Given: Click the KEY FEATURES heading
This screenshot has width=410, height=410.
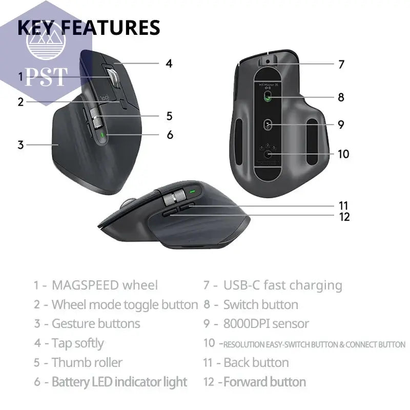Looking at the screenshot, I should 89,27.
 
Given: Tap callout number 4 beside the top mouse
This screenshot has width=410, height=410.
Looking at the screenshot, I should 169,64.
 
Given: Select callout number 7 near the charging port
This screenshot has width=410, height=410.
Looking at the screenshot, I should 341,65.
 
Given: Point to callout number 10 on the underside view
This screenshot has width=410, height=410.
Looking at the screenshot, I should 343,154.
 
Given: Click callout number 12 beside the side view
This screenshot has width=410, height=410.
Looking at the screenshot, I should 344,216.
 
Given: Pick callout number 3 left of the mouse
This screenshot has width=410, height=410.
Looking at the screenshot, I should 20,145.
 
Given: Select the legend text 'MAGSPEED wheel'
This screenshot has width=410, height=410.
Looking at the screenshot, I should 105,285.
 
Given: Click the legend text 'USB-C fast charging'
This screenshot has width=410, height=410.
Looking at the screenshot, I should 282,285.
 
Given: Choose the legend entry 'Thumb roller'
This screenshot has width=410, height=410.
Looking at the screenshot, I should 87,362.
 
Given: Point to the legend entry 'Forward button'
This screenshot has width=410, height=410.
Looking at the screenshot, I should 264,382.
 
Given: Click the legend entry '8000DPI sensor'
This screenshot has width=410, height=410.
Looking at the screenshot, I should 266,323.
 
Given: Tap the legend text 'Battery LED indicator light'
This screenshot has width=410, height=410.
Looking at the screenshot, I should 119,382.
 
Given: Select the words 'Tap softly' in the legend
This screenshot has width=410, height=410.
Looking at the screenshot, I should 77,343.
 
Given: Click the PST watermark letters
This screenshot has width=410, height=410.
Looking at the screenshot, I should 46,77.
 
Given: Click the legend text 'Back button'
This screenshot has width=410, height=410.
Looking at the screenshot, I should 256,362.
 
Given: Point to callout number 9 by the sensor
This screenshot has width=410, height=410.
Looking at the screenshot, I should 341,125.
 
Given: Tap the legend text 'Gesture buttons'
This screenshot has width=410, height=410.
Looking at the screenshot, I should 95,323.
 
